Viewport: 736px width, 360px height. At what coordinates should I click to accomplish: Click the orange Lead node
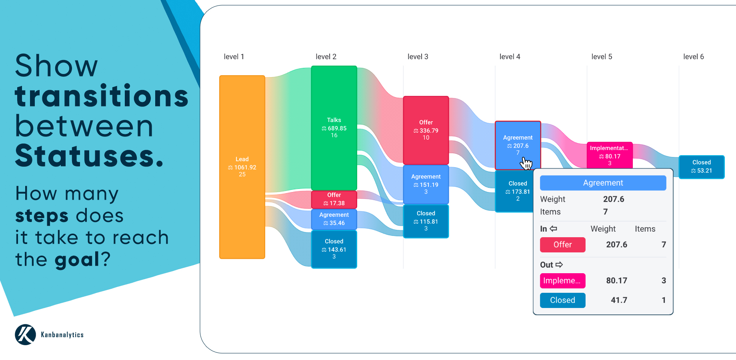[242, 167]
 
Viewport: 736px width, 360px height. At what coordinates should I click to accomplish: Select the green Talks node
[334, 128]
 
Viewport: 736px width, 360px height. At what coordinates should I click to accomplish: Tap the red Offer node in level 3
[426, 130]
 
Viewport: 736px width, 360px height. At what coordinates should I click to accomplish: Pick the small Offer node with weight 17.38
[334, 199]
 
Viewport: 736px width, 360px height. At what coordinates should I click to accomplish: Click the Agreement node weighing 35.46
[334, 219]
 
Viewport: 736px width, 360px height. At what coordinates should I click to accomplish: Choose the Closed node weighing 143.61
[334, 249]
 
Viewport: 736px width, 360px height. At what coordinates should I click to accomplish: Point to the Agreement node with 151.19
[426, 184]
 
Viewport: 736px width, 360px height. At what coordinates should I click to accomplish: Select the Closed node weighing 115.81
[426, 221]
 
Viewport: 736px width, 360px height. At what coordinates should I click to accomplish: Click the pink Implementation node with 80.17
[609, 155]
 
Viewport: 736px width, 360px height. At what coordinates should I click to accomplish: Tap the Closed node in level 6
[702, 167]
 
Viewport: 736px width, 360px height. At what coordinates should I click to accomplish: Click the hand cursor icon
[526, 163]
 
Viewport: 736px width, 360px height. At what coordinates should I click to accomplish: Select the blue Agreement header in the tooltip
[603, 183]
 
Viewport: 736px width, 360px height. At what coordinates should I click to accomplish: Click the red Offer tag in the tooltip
[562, 244]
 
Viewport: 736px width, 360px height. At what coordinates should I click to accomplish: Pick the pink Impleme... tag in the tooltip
[562, 280]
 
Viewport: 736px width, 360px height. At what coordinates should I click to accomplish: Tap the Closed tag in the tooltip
[562, 300]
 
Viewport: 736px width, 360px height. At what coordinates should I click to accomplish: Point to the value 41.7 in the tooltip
[619, 300]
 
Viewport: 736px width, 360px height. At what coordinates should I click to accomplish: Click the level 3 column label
[418, 57]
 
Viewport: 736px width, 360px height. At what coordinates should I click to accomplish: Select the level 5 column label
[602, 57]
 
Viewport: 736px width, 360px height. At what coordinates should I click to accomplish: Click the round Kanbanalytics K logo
[26, 334]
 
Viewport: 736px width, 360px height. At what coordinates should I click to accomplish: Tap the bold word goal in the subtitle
[77, 260]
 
